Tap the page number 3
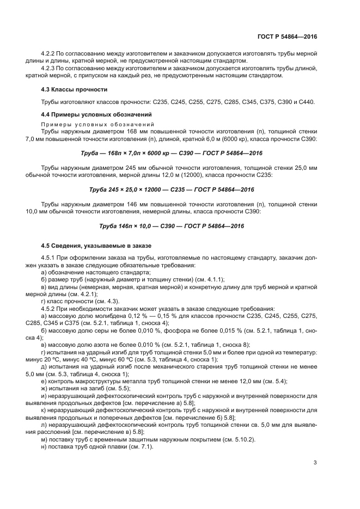pyautogui.click(x=315, y=463)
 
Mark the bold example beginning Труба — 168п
pyautogui.click(x=171, y=152)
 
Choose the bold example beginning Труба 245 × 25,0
pyautogui.click(x=171, y=189)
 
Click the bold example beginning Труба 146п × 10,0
pyautogui.click(x=171, y=226)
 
